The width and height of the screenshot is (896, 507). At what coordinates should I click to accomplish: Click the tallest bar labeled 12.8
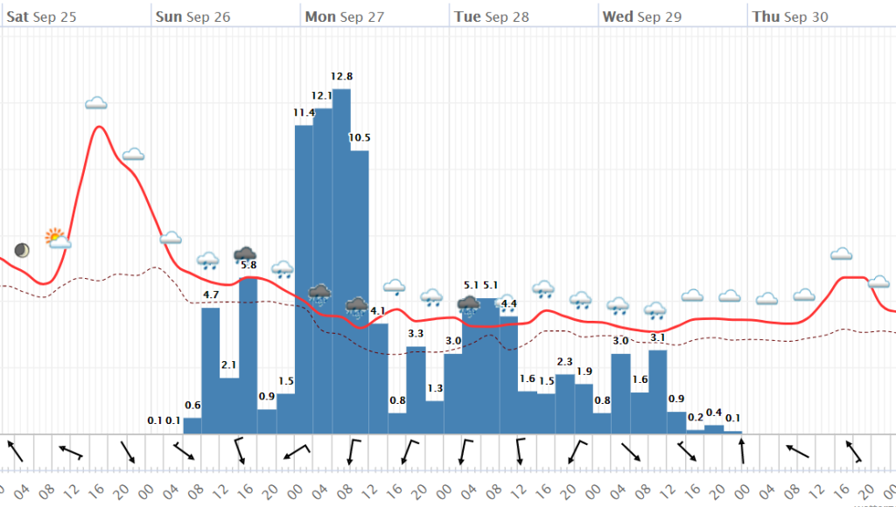[341, 262]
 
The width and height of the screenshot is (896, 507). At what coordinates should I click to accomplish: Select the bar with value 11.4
[304, 280]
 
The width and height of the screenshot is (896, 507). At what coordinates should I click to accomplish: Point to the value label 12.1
[322, 95]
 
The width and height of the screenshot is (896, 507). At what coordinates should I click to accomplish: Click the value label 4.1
[378, 310]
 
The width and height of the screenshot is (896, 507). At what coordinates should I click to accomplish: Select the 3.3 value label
[416, 333]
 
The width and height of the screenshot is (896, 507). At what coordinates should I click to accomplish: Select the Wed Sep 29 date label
[641, 17]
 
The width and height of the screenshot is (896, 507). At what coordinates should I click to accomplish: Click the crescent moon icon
[21, 250]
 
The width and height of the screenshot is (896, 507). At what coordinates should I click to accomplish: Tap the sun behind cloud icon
[58, 238]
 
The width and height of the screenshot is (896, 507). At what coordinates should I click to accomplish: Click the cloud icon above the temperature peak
[96, 103]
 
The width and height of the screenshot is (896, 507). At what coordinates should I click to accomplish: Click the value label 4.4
[508, 304]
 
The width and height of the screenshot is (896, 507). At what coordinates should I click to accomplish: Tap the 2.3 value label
[564, 361]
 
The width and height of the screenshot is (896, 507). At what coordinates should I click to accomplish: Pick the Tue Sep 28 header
[491, 17]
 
